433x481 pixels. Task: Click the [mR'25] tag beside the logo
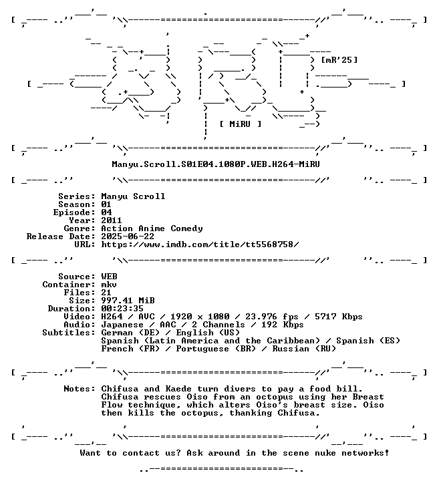(x=339, y=59)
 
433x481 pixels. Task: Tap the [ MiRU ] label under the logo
(x=241, y=124)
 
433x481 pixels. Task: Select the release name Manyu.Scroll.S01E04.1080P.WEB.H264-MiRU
(x=216, y=164)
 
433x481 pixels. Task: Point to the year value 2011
(x=112, y=220)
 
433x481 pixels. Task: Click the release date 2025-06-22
(x=128, y=236)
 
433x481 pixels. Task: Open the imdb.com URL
(x=200, y=245)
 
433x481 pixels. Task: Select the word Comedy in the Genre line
(x=186, y=229)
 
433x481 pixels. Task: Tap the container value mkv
(x=109, y=285)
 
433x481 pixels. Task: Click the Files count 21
(x=106, y=293)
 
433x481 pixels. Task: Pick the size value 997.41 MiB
(x=128, y=301)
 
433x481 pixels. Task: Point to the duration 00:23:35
(x=122, y=309)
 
